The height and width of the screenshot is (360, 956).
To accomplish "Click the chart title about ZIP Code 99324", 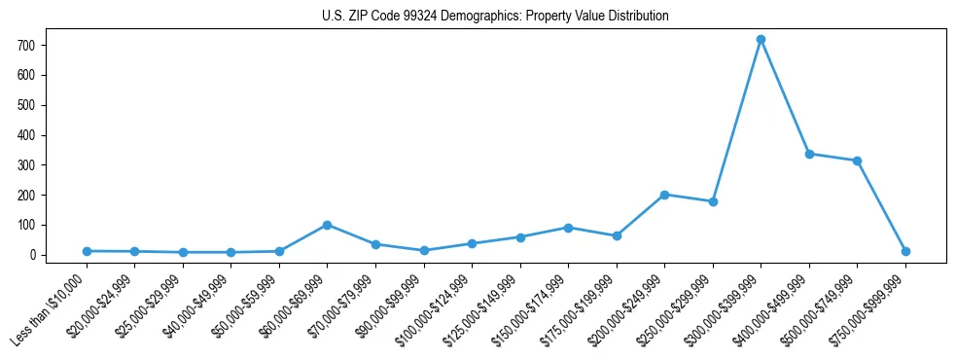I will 495,17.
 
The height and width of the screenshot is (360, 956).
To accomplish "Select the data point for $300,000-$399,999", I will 761,39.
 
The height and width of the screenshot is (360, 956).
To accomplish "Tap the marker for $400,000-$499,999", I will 809,154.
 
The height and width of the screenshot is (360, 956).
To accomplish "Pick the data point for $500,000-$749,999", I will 857,161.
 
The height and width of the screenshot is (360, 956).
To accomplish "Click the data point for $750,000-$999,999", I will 905,251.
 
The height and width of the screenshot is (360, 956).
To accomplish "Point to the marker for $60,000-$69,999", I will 328,225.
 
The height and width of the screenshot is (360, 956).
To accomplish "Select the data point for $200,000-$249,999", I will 664,195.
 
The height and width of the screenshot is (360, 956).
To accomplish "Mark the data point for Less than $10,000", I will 88,251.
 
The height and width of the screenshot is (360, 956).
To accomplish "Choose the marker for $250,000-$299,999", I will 713,201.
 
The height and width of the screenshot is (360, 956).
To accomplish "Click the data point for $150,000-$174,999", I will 568,228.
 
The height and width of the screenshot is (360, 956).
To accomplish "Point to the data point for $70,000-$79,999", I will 375,244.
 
